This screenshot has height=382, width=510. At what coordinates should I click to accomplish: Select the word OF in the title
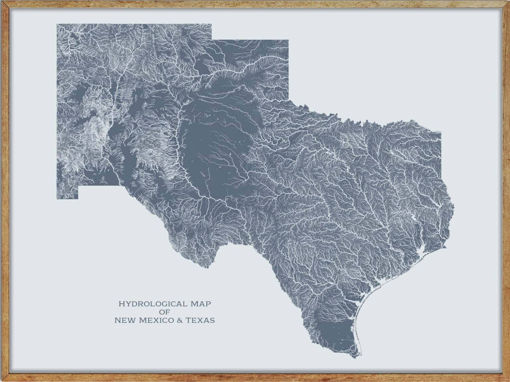pos(164,312)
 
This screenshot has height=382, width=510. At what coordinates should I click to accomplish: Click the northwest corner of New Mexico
pos(57,25)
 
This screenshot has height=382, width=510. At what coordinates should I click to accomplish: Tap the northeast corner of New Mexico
pos(211,25)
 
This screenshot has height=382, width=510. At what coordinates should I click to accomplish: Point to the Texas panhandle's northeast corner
pos(288,40)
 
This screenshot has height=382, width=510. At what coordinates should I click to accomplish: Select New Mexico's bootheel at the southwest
pos(67,194)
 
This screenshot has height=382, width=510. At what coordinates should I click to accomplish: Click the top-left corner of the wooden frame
pos(2,2)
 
